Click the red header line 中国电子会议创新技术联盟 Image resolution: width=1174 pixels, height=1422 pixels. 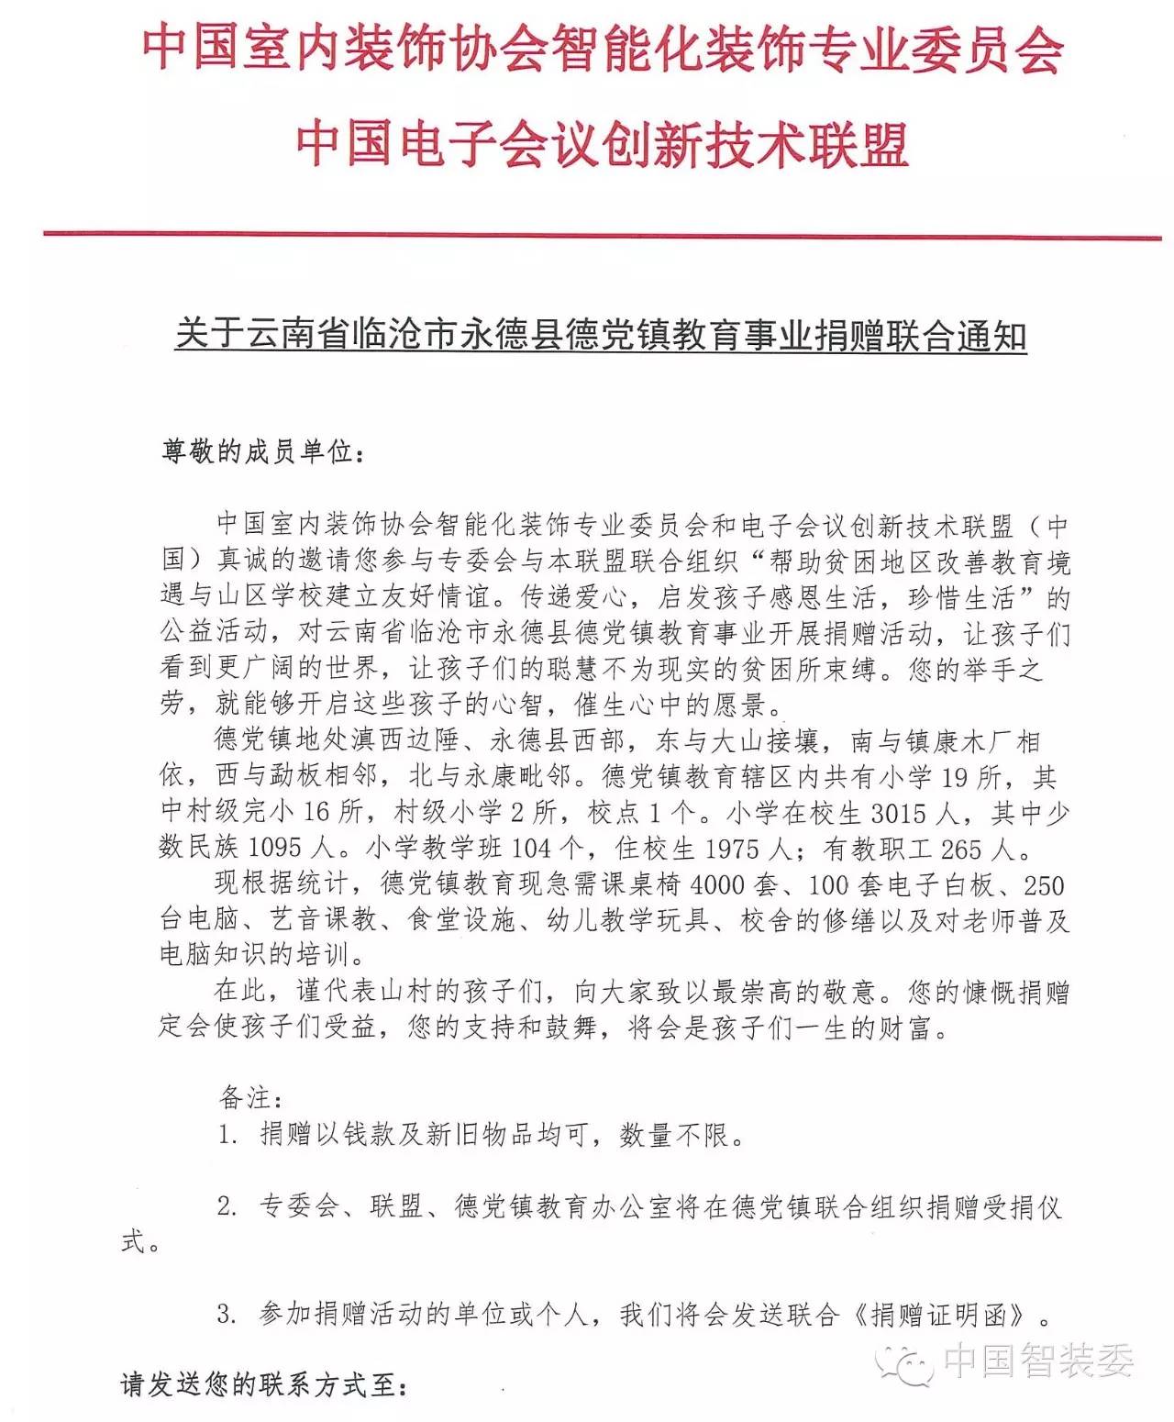pos(603,145)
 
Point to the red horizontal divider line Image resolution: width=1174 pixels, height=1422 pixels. pos(603,236)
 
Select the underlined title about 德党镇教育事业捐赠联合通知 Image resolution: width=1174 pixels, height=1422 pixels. pos(601,336)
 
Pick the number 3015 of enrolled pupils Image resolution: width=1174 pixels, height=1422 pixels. pos(899,814)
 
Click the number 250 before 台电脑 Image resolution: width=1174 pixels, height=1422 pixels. pos(1043,885)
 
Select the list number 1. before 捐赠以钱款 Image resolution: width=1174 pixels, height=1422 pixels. pos(228,1136)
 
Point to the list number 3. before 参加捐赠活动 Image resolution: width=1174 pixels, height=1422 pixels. pos(228,1315)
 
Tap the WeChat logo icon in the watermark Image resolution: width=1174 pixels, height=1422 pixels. pos(903,1361)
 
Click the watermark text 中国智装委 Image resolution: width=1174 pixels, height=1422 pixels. pos(1038,1361)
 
